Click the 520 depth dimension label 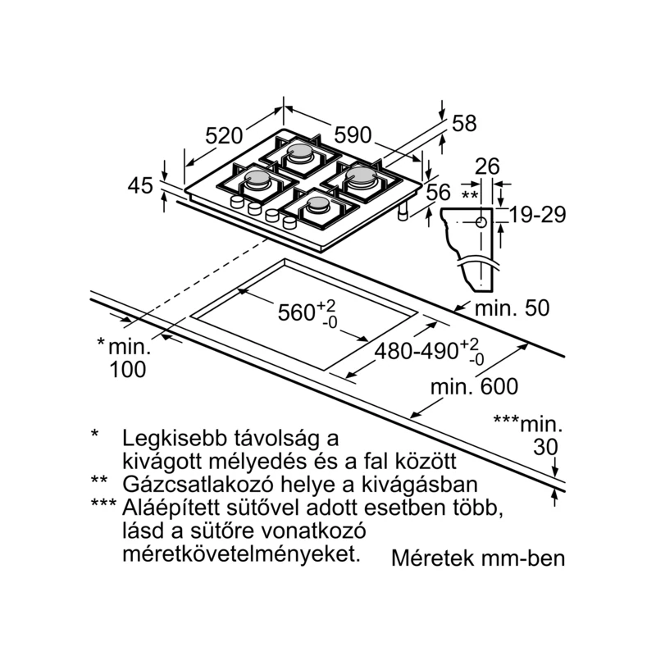(225, 135)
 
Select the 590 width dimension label (353, 134)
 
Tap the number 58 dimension (464, 124)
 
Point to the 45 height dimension (140, 186)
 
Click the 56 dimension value (440, 192)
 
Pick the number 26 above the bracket (487, 166)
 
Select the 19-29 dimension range (537, 215)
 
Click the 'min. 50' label (513, 308)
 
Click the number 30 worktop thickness (544, 447)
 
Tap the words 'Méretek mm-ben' (479, 559)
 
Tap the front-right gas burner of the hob (317, 205)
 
